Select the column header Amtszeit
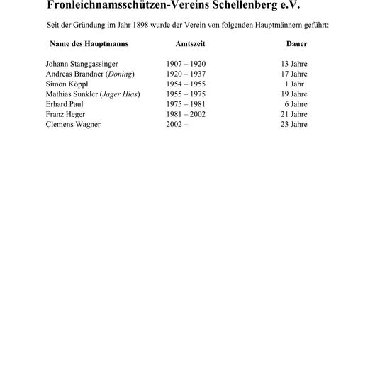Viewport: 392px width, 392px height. point(190,44)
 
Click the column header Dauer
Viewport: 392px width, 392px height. point(296,44)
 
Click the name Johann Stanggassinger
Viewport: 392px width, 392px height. point(83,64)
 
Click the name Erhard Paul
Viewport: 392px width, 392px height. point(65,103)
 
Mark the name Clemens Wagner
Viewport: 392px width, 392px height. point(73,124)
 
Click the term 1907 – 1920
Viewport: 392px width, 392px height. point(186,64)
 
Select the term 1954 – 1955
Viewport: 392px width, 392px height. point(186,84)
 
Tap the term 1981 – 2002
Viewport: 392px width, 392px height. point(186,114)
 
